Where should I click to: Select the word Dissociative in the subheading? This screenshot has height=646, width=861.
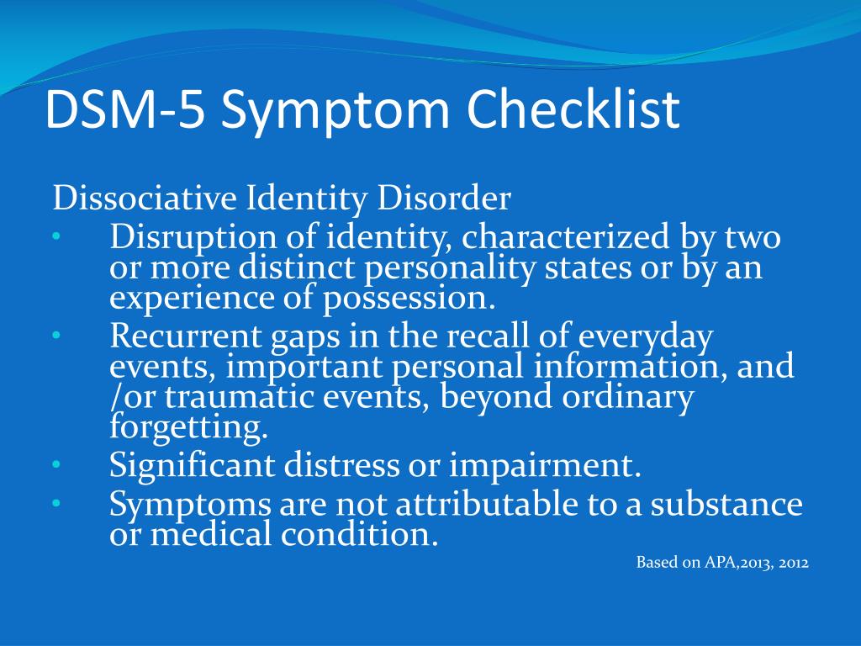[145, 198]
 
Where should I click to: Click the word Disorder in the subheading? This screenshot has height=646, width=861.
[444, 198]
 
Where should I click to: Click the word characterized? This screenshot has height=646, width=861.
[566, 236]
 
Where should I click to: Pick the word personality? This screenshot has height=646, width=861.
[450, 268]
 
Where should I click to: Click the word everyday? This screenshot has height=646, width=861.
[646, 336]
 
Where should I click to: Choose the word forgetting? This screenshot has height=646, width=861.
[188, 427]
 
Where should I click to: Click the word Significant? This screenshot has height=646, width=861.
[193, 466]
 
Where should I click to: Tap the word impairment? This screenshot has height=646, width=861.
[545, 466]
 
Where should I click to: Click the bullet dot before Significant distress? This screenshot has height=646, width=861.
[56, 465]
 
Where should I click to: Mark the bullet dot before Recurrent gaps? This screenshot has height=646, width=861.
[56, 335]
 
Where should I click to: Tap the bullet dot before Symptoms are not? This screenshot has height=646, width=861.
[56, 503]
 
